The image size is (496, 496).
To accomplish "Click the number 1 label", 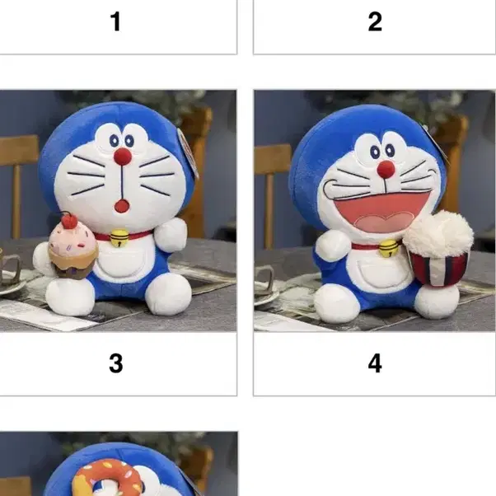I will coord(115,21).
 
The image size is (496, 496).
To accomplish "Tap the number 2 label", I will coord(375,21).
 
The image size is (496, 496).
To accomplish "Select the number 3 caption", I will coord(115,363).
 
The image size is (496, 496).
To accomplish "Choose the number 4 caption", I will coord(375,363).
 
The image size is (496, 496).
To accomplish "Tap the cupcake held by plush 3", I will coord(71,250).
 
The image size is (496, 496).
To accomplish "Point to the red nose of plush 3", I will coord(123,157).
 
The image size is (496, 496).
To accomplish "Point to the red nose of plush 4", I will coord(386,169).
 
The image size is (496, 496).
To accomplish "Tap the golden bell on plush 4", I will coord(387,248).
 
